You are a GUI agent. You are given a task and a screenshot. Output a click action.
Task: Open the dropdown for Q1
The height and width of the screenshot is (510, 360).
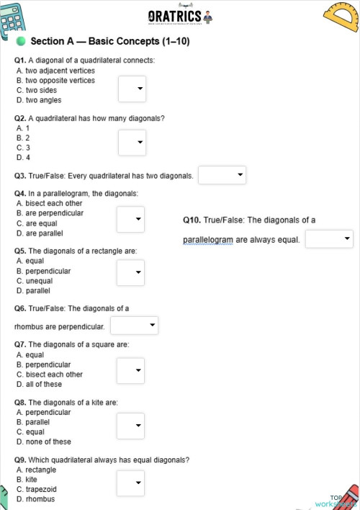[132, 90]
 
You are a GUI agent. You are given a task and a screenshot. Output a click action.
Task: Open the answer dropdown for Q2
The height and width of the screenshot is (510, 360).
[132, 142]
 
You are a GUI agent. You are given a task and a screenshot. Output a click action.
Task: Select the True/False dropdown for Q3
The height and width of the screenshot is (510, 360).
[222, 175]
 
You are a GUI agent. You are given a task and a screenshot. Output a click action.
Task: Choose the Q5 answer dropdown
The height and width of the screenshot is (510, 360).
[131, 272]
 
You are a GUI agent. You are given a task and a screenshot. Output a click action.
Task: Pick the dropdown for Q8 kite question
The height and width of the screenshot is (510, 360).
[131, 426]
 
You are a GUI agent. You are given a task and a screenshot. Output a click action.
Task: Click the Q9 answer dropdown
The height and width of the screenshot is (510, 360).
[131, 483]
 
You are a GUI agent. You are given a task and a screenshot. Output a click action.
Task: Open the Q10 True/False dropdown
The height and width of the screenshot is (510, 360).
[329, 238]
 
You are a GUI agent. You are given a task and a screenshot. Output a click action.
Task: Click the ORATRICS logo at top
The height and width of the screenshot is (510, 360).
[180, 17]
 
